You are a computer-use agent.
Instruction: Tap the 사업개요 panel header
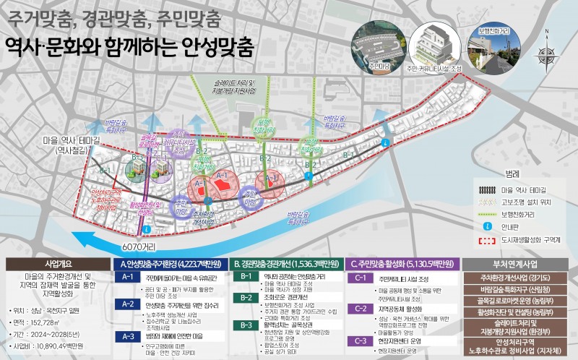tap(56, 264)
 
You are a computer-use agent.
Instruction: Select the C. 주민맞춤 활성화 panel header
tap(400, 264)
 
